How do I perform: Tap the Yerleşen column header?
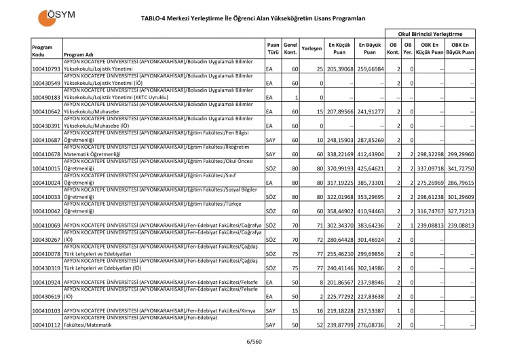311,50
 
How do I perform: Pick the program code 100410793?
46,69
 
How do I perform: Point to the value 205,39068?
340,69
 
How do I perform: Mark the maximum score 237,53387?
370,311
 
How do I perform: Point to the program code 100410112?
46,325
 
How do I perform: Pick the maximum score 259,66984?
370,69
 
